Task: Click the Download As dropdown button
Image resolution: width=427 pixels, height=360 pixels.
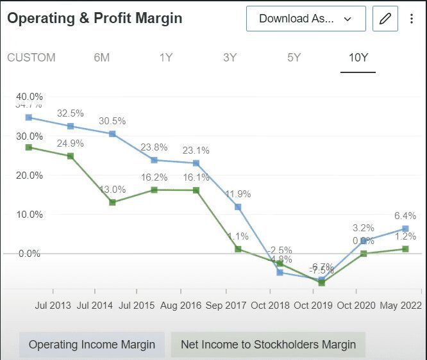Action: click(306, 19)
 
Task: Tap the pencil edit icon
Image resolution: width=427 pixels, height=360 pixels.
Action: click(385, 19)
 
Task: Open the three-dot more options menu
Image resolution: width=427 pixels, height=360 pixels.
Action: click(412, 19)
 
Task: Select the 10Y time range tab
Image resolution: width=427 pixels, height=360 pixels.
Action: click(358, 58)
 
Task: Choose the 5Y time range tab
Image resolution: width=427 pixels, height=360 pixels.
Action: click(294, 58)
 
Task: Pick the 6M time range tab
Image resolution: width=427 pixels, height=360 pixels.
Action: click(101, 58)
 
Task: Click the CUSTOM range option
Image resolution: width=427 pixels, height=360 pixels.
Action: click(31, 58)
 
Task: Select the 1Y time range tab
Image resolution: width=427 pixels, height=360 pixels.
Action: click(165, 58)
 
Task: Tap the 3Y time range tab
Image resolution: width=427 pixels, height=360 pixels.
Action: click(230, 58)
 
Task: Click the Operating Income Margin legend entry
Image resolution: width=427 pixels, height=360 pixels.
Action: click(92, 345)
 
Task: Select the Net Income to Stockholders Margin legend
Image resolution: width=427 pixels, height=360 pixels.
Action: click(268, 345)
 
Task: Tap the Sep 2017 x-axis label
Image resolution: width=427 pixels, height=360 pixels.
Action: click(227, 306)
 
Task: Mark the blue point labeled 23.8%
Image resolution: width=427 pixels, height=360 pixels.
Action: click(154, 160)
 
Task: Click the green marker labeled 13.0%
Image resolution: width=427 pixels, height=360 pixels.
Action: click(112, 202)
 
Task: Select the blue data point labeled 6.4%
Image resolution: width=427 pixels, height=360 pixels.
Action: click(405, 229)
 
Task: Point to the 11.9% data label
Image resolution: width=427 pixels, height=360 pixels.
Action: click(238, 194)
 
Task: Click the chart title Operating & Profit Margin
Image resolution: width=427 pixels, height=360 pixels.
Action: click(95, 19)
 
